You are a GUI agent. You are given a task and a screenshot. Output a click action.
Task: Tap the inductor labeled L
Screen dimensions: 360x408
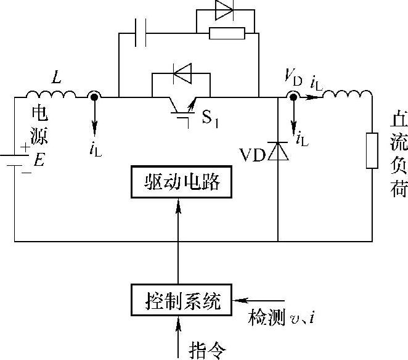pyautogui.click(x=51, y=95)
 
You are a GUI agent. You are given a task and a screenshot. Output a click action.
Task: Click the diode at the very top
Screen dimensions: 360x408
pyautogui.click(x=224, y=10)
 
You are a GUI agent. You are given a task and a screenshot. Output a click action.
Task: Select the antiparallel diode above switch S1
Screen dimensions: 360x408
pyautogui.click(x=182, y=75)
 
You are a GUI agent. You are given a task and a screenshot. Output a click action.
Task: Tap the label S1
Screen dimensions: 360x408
pyautogui.click(x=211, y=118)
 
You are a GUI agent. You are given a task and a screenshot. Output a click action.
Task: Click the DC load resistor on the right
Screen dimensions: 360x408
pyautogui.click(x=372, y=150)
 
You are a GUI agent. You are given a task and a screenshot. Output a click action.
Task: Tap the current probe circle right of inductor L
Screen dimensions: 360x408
pyautogui.click(x=94, y=97)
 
